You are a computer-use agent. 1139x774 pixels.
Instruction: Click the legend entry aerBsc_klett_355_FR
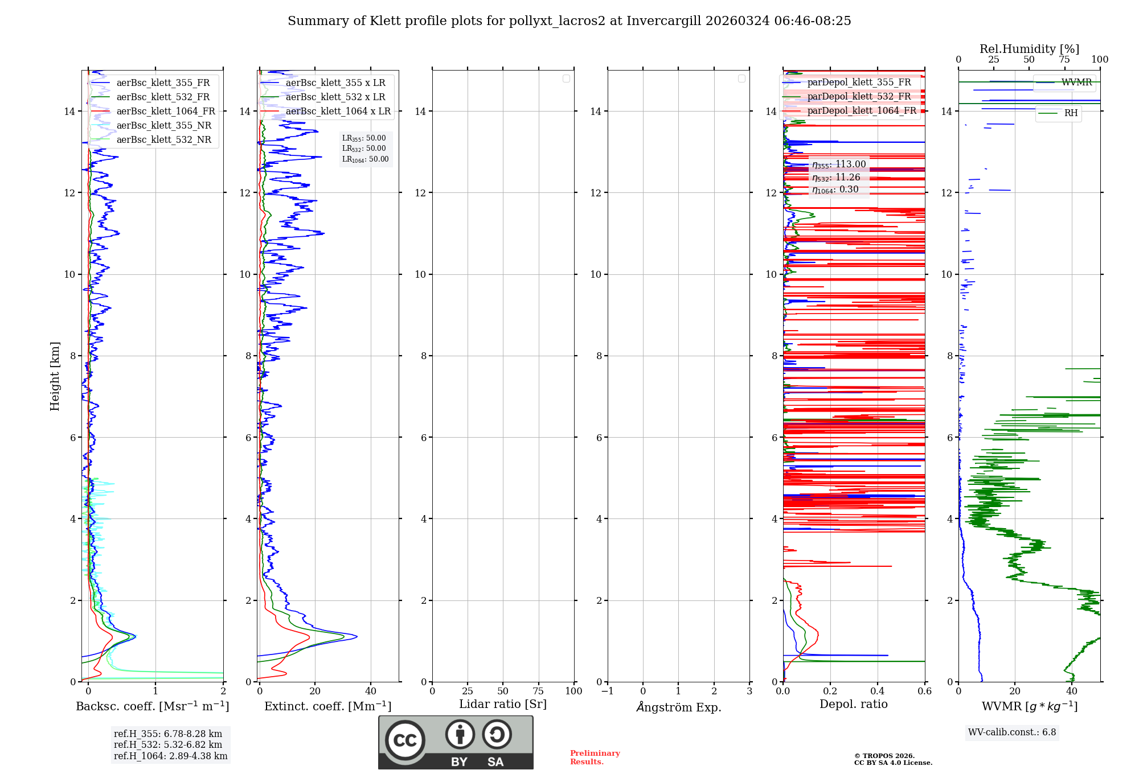[x=163, y=83]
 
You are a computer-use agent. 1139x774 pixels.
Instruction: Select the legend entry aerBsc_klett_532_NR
[x=163, y=140]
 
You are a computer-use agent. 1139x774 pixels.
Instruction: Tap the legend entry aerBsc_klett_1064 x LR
[x=338, y=112]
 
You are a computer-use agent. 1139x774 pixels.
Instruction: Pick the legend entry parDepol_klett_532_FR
[x=859, y=97]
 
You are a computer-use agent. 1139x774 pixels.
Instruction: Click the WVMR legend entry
[x=1076, y=83]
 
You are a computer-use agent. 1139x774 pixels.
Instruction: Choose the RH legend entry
[x=1071, y=113]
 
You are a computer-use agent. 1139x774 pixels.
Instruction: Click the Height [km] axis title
[x=55, y=376]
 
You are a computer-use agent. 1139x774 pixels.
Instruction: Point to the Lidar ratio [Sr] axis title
[x=503, y=705]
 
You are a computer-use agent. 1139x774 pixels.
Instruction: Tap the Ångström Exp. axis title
[x=678, y=707]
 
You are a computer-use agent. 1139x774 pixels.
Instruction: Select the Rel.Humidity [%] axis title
[x=1029, y=49]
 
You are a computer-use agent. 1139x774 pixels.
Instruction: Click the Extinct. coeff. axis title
[x=327, y=706]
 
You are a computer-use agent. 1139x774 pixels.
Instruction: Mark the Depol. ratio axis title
[x=853, y=705]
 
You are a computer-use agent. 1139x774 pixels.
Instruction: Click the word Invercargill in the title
[x=663, y=21]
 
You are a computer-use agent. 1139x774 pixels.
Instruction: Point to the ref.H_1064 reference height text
[x=170, y=756]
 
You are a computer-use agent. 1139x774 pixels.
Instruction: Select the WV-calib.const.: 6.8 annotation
[x=1012, y=732]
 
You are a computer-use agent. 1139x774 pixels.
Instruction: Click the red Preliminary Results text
[x=595, y=757]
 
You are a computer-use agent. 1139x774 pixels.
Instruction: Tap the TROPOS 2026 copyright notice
[x=892, y=759]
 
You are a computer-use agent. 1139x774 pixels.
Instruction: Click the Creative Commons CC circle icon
[x=405, y=740]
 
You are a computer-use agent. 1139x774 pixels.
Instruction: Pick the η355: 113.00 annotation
[x=839, y=164]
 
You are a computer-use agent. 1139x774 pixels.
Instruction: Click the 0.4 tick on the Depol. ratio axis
[x=878, y=691]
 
